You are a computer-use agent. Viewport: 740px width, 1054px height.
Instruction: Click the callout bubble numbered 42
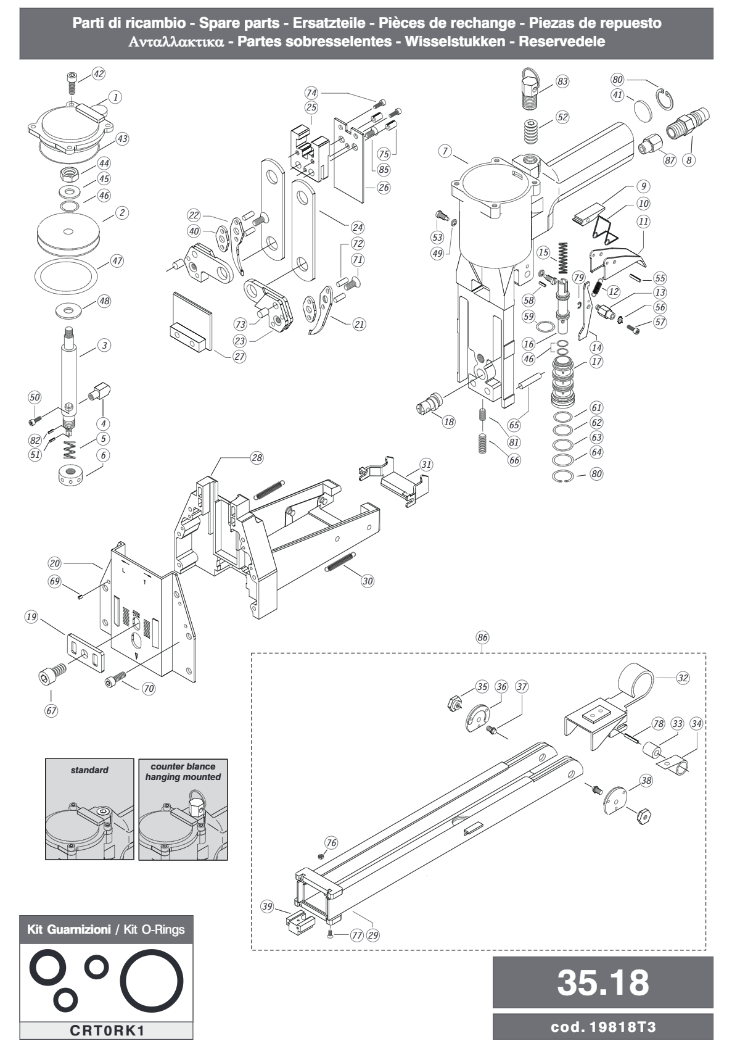pos(98,74)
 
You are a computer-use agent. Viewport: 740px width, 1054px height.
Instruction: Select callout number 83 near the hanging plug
pos(562,81)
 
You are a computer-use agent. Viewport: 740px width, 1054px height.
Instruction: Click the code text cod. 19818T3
pos(602,1026)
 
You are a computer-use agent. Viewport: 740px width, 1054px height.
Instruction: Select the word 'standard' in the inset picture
pos(89,770)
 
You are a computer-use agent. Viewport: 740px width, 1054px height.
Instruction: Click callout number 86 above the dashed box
pos(482,637)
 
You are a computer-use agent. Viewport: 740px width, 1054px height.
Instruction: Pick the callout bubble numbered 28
pos(257,458)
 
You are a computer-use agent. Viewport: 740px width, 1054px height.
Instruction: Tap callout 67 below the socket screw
pos(51,710)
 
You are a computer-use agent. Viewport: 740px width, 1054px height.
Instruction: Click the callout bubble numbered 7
pos(445,151)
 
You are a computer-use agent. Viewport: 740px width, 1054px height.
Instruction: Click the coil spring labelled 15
pos(562,259)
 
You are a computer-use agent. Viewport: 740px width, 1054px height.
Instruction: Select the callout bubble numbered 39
pos(267,907)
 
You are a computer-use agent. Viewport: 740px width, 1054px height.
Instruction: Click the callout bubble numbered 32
pos(683,678)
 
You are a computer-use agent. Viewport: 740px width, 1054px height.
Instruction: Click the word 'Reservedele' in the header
pos(561,41)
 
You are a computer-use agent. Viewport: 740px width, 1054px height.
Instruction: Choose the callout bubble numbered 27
pos(239,357)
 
